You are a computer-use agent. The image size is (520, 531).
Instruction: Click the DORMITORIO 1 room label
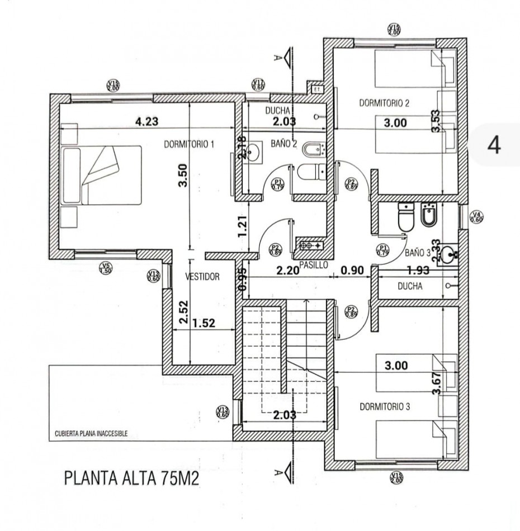190,144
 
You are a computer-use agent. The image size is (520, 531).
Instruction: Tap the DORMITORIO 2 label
384,103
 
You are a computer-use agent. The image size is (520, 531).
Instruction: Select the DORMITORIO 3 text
385,407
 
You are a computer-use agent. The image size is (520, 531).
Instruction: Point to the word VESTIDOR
202,277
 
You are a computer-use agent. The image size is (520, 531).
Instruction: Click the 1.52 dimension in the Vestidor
203,323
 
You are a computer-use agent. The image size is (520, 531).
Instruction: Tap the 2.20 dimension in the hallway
289,271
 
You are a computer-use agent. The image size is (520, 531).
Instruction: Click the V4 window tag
476,217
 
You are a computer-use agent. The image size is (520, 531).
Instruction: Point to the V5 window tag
105,268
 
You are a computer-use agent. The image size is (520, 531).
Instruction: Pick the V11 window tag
258,84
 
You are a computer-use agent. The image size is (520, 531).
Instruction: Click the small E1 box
316,89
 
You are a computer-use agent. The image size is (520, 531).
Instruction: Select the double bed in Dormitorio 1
102,175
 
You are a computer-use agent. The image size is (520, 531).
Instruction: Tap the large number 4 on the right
494,144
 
